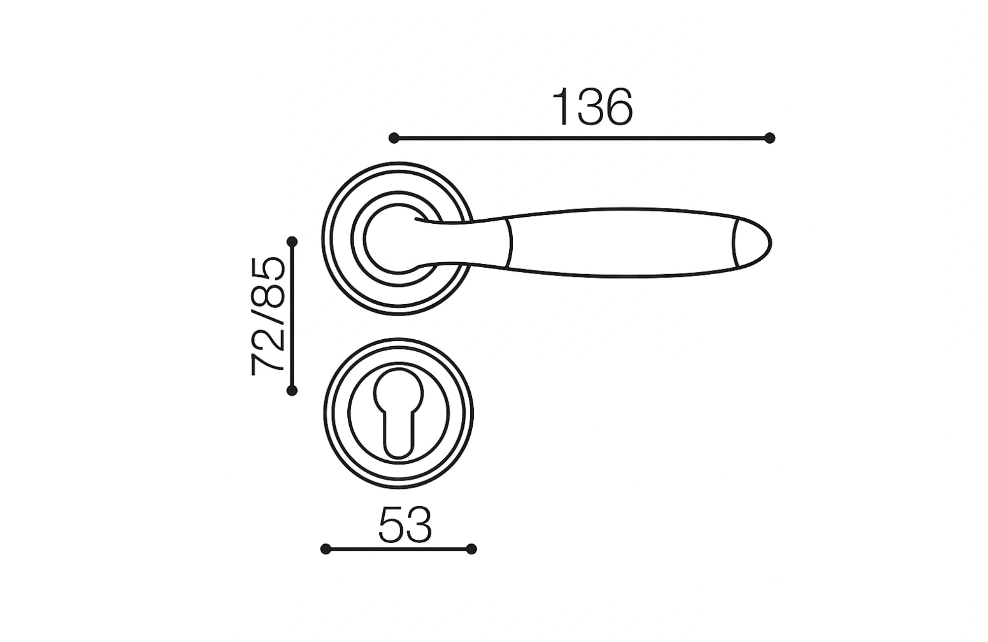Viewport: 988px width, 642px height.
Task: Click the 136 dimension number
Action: pos(592,108)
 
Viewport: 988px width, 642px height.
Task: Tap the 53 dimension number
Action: pos(405,524)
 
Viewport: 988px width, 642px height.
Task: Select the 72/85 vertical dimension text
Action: pos(268,317)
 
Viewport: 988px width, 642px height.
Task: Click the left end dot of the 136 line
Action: pos(394,138)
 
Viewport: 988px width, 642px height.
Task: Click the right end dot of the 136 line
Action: pos(770,138)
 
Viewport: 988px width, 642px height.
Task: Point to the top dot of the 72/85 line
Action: pos(292,241)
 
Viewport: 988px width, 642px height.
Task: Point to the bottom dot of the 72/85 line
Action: pos(292,391)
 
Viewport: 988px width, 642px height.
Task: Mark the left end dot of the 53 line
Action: pos(326,549)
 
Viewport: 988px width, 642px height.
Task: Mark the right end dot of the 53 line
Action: pos(471,549)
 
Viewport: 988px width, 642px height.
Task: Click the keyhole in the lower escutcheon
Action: pos(399,412)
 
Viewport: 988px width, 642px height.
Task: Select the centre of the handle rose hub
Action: pos(395,239)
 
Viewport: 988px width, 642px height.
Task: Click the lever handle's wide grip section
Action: pos(622,242)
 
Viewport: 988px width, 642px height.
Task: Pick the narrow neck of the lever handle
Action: pos(474,242)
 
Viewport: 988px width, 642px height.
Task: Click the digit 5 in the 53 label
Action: pos(392,524)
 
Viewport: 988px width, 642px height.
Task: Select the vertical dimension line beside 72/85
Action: pos(292,316)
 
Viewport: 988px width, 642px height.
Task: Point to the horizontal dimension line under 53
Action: pos(398,549)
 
